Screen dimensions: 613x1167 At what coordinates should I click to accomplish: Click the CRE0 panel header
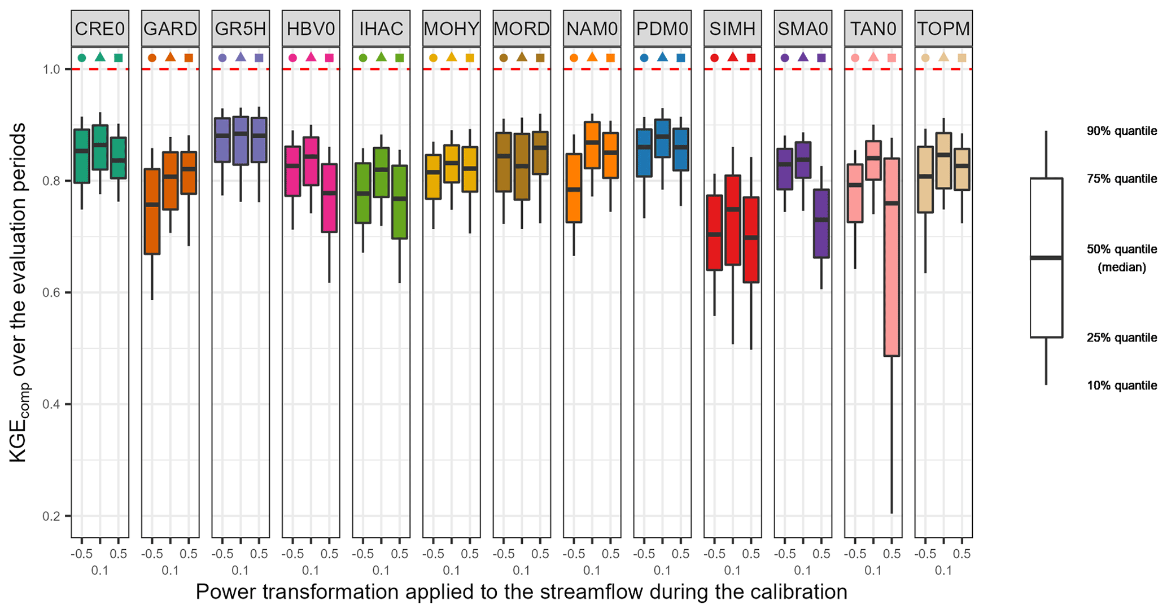[x=100, y=28]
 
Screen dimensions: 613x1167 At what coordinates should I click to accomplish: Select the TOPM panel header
[x=943, y=28]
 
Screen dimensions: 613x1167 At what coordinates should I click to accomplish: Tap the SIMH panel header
[x=732, y=28]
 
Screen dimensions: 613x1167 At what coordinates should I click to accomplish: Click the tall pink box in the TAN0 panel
[x=892, y=257]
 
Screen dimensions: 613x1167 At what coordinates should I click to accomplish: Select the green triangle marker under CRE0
[x=100, y=57]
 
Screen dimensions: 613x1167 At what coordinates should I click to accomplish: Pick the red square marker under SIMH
[x=751, y=58]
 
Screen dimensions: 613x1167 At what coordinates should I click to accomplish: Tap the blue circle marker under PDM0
[x=644, y=58]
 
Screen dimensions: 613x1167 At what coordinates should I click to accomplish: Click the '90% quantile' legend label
[x=1121, y=132]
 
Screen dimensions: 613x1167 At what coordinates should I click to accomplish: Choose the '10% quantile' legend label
[x=1121, y=386]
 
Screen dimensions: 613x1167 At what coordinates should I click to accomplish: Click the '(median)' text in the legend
[x=1121, y=268]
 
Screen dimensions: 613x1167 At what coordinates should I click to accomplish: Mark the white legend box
[x=1046, y=257]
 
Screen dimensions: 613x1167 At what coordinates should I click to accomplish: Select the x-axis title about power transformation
[x=521, y=592]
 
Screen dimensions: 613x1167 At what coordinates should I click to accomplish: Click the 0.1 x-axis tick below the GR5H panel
[x=241, y=571]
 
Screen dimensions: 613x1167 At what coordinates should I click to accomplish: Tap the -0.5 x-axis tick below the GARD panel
[x=151, y=554]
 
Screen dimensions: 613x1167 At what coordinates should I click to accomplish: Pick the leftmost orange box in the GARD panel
[x=152, y=211]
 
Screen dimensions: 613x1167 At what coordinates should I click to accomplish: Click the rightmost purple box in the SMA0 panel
[x=821, y=224]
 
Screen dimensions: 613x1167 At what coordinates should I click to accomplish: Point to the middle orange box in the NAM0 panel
[x=592, y=145]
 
